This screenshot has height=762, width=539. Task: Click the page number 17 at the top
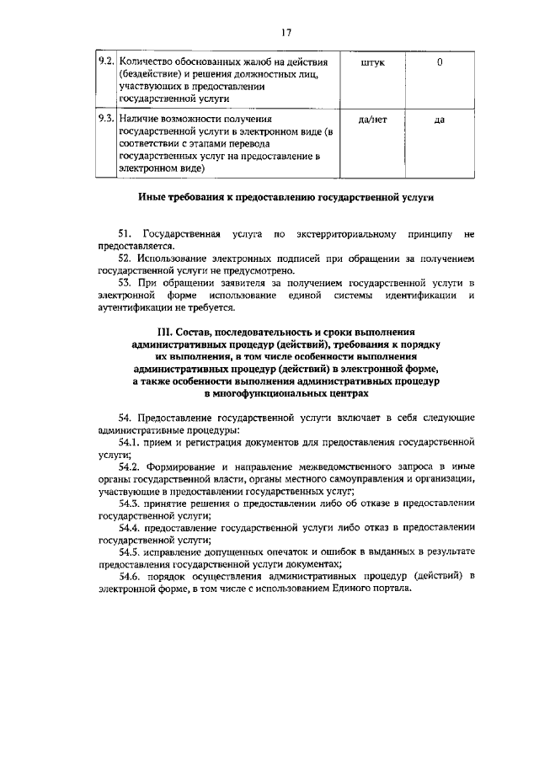click(x=286, y=33)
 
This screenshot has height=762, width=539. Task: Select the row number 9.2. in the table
click(x=104, y=62)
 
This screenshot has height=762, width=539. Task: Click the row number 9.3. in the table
click(x=104, y=120)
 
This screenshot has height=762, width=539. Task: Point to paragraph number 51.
click(x=127, y=233)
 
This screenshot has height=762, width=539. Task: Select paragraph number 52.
click(x=127, y=258)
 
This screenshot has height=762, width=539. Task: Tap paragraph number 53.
click(x=127, y=283)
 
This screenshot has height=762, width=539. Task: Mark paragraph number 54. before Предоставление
click(x=127, y=418)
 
